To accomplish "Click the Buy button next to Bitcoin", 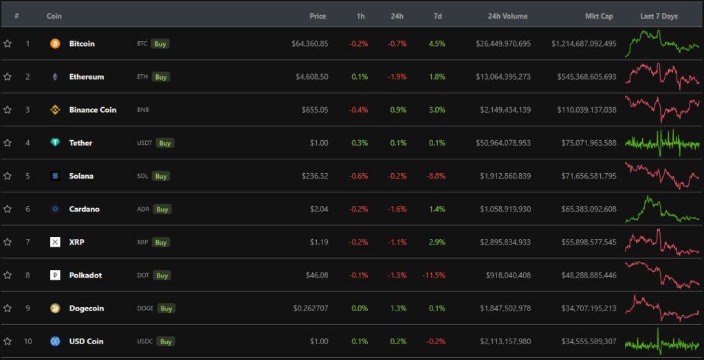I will tap(160, 44).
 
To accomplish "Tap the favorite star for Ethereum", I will tap(8, 77).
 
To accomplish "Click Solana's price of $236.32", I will tap(315, 176).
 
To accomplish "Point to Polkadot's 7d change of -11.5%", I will tap(434, 275).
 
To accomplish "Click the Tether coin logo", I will tap(55, 143).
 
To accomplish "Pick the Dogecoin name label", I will tap(87, 308).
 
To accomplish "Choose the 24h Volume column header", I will tap(507, 16).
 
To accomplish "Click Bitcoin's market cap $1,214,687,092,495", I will tap(584, 44).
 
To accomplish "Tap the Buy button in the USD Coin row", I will tap(165, 341).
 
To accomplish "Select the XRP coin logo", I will tap(55, 242).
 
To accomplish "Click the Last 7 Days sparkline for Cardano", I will tap(662, 209).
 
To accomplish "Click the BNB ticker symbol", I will tap(142, 110).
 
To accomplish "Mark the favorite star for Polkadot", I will tap(8, 275).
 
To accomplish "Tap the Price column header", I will tap(318, 16).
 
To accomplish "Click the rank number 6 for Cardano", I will tap(27, 209).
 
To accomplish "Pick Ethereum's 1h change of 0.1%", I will tap(359, 77).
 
